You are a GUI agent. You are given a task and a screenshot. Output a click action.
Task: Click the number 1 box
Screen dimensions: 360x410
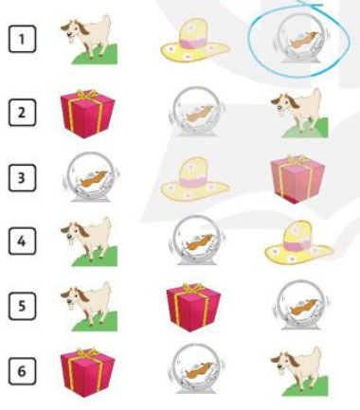point(22,39)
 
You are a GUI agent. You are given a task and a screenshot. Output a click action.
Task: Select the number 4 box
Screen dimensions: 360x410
point(22,241)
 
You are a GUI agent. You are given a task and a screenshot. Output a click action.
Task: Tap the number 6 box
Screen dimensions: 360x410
point(22,371)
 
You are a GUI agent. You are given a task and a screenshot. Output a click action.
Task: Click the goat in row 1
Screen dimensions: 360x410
point(89,40)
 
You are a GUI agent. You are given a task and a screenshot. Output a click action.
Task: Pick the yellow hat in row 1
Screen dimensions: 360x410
point(195,40)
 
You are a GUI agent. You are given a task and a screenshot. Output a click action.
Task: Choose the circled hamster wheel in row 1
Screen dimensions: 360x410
point(300,40)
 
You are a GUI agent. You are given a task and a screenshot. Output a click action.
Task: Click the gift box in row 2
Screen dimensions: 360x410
point(88,114)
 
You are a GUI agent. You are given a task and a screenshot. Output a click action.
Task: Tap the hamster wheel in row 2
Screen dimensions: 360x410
point(197,112)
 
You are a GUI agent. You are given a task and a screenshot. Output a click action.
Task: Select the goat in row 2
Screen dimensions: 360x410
point(299,114)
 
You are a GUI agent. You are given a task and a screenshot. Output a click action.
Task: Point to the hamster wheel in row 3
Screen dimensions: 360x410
point(91,177)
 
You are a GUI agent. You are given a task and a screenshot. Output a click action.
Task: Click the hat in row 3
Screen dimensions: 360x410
point(195,179)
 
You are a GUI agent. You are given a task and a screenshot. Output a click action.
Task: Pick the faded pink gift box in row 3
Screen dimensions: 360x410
point(297,179)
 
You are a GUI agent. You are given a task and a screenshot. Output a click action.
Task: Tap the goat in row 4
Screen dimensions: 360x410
point(89,241)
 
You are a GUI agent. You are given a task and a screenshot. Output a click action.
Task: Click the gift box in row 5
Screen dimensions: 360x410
point(193,308)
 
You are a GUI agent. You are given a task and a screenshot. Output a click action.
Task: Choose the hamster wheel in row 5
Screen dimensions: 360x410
point(301,305)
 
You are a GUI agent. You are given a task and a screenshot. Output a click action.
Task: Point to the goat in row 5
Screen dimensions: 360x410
point(89,307)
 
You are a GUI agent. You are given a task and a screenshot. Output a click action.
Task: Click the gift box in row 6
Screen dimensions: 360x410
point(88,372)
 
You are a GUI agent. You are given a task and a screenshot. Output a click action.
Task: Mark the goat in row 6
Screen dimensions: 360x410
point(299,371)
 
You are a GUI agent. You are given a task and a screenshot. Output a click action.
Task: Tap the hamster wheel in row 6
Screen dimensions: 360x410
point(196,368)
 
